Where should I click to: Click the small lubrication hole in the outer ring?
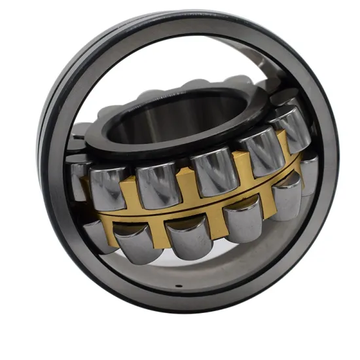pyautogui.click(x=179, y=286)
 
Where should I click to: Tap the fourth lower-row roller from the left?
pyautogui.click(x=243, y=219)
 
